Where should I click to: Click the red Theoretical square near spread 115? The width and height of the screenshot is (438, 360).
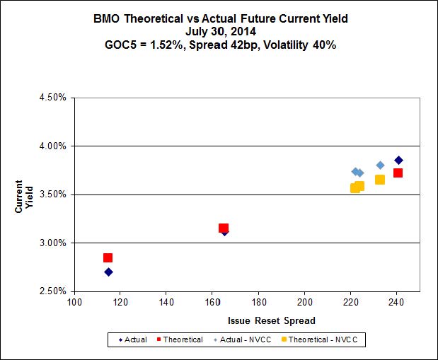pyautogui.click(x=108, y=258)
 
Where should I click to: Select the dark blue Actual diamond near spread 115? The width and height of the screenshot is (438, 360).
pyautogui.click(x=108, y=272)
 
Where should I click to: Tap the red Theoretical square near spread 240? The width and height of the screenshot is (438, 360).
pyautogui.click(x=398, y=173)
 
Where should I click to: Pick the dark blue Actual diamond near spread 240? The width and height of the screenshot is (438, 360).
pyautogui.click(x=398, y=161)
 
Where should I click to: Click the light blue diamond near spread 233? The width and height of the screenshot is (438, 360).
pyautogui.click(x=380, y=166)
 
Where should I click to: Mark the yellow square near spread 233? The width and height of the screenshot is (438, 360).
pyautogui.click(x=380, y=180)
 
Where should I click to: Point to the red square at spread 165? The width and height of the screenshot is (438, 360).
pyautogui.click(x=224, y=228)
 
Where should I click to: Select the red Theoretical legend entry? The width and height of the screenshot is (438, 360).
pyautogui.click(x=180, y=340)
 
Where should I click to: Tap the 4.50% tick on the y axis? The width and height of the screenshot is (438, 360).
pyautogui.click(x=52, y=98)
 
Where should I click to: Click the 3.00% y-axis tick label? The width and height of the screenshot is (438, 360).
pyautogui.click(x=52, y=243)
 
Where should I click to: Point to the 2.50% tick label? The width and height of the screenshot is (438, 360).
pyautogui.click(x=52, y=291)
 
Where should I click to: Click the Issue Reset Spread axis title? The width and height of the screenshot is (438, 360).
pyautogui.click(x=271, y=320)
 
